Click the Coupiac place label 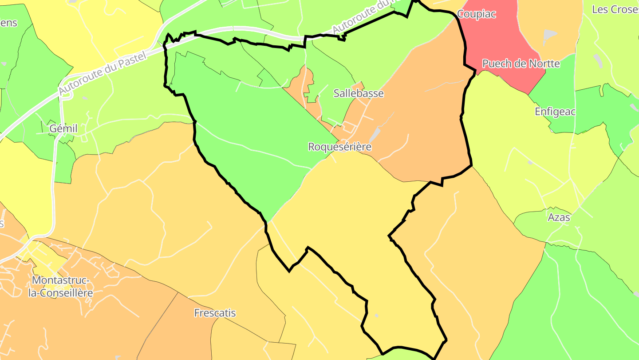click(476, 14)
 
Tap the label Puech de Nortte click(521, 64)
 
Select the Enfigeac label click(555, 112)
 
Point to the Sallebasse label click(359, 93)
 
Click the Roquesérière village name click(339, 147)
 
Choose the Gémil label click(63, 128)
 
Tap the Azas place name click(559, 217)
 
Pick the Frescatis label click(215, 313)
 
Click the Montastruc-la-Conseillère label click(62, 287)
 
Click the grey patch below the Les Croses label click(549, 35)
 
